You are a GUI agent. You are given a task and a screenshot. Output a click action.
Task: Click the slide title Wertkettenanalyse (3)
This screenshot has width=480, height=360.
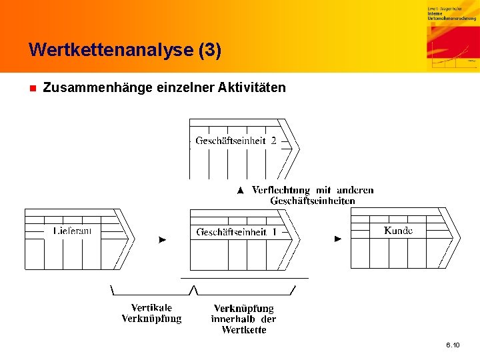(x=125, y=50)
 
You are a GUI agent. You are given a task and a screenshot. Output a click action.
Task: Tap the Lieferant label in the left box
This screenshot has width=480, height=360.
(x=72, y=231)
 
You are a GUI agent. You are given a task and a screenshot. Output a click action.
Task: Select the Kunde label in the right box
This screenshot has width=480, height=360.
(x=399, y=230)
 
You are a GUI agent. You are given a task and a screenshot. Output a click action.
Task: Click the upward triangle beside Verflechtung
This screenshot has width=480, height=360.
(x=241, y=191)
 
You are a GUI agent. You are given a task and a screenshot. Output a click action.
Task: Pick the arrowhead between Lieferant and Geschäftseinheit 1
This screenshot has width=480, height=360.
(x=163, y=239)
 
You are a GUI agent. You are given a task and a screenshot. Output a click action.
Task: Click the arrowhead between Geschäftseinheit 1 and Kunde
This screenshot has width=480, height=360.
(x=338, y=238)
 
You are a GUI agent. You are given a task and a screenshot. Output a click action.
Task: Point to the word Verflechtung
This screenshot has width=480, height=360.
(x=281, y=190)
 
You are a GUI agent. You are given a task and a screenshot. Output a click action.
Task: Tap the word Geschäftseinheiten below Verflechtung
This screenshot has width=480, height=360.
(x=313, y=201)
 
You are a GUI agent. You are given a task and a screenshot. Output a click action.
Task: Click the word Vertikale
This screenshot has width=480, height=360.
(x=151, y=307)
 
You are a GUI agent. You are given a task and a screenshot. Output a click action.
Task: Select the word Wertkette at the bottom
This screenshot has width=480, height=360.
(x=244, y=330)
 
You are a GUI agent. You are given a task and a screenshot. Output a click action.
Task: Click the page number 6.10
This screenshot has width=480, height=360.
(x=453, y=345)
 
